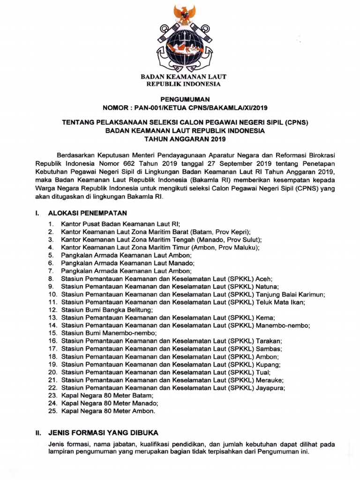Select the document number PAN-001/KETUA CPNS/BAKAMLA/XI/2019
click(199, 107)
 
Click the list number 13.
click(52, 318)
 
